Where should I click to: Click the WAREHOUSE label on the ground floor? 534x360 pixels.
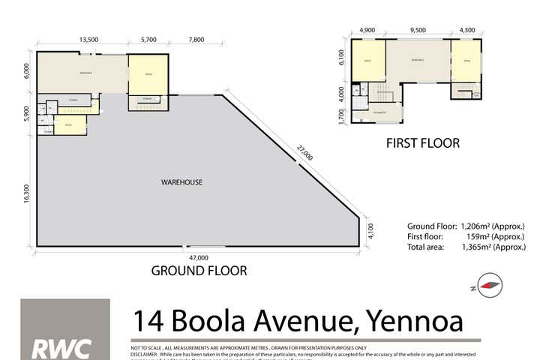pyautogui.click(x=182, y=182)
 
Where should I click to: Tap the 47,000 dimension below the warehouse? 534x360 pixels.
pyautogui.click(x=198, y=257)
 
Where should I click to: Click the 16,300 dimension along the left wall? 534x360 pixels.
pyautogui.click(x=26, y=194)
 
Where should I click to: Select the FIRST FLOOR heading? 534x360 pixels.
pyautogui.click(x=422, y=142)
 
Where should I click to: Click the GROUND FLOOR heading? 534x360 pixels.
pyautogui.click(x=199, y=271)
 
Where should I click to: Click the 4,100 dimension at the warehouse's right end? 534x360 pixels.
pyautogui.click(x=369, y=231)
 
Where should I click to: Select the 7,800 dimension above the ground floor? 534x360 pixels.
pyautogui.click(x=196, y=40)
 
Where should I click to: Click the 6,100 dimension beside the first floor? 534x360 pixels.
pyautogui.click(x=341, y=57)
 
